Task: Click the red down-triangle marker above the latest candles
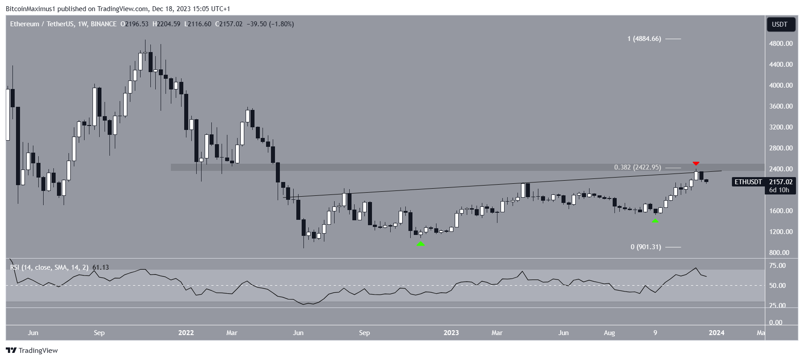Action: coord(696,164)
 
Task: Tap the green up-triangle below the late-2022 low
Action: coord(420,243)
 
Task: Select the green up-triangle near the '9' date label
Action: coord(655,220)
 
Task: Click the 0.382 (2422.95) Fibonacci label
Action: coord(637,167)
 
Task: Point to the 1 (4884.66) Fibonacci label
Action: coord(644,39)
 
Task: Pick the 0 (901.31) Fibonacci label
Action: coord(646,247)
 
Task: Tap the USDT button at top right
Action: coord(780,24)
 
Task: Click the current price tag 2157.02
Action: coord(781,182)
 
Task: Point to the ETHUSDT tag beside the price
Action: coord(748,182)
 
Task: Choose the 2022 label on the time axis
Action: coord(186,333)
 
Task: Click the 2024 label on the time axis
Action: coord(716,333)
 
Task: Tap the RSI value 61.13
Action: coord(101,267)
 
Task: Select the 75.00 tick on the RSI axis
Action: coord(777,266)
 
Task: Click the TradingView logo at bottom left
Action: coord(32,351)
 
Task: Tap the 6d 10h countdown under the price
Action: coord(779,190)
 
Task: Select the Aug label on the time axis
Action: coord(609,333)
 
